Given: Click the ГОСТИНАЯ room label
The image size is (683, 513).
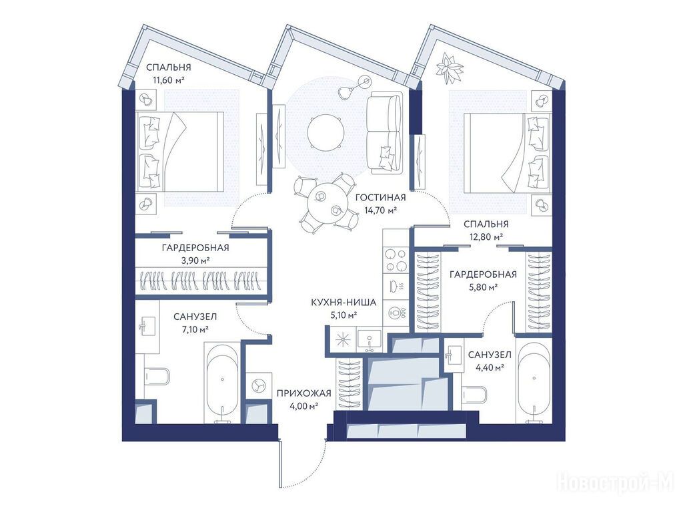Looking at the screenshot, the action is [380, 198].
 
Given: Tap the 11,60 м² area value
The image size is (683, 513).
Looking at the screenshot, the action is [169, 80].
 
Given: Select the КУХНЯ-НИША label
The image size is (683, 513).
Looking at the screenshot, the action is [344, 302].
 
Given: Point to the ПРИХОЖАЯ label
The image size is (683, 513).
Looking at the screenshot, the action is [304, 393].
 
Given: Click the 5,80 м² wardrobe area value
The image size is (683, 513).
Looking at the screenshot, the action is [483, 287].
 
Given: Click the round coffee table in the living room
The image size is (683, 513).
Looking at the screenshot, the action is [325, 133].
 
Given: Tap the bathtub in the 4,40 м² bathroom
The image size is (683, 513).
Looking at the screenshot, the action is [534, 381].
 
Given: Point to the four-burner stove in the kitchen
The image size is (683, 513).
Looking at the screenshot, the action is [396, 261].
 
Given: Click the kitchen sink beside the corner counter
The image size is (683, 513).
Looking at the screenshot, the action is [370, 339].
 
